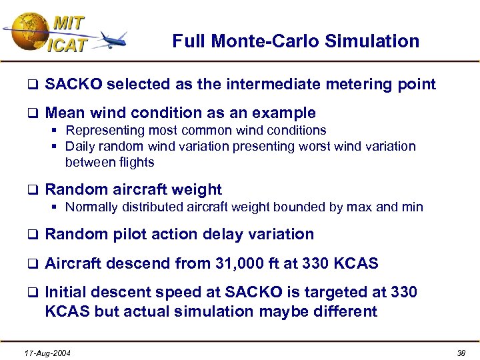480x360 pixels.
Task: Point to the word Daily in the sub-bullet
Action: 81,146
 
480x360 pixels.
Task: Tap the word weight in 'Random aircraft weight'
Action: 197,190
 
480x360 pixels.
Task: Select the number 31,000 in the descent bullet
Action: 240,263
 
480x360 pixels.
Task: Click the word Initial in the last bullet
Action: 65,292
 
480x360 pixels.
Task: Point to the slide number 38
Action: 461,353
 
